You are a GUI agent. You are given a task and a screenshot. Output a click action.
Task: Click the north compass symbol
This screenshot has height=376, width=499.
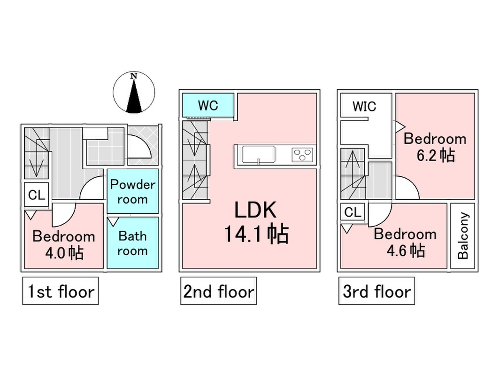point(134,93)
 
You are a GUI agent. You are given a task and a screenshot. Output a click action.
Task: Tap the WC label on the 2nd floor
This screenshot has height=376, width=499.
point(207,105)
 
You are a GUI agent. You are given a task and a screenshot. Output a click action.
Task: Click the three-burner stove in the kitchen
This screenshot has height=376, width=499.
point(302,154)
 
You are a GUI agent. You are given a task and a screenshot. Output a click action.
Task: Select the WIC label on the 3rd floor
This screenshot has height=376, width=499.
point(365,106)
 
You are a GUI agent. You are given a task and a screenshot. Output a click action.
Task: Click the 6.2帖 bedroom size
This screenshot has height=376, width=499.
point(435,155)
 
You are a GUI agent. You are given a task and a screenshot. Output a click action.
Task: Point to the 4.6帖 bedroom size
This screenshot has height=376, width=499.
point(406,250)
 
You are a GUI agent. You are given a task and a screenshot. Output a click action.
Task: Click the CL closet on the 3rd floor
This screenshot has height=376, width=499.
point(353,212)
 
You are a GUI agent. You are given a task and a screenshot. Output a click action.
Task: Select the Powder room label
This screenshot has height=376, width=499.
point(132,191)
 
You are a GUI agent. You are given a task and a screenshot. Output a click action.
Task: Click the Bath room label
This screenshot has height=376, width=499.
point(132,243)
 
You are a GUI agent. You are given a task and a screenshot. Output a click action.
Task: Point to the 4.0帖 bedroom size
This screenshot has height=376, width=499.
point(64,253)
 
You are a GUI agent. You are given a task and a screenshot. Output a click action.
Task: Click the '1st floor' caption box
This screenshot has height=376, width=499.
point(61,292)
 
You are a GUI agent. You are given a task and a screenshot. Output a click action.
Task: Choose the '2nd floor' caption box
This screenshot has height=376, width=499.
point(218,292)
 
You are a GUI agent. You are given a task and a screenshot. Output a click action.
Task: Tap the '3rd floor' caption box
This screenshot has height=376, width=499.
point(376,292)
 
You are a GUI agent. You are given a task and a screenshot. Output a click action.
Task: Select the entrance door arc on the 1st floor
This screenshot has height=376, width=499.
point(139,149)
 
